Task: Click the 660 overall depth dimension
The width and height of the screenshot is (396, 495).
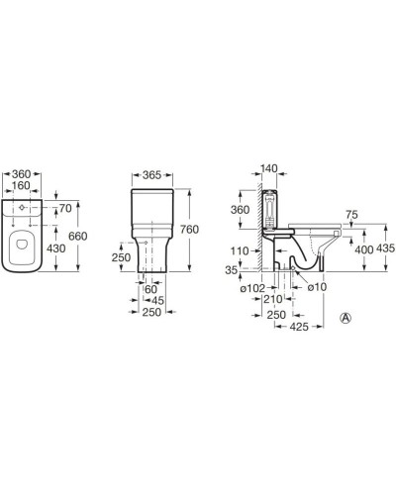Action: point(78,236)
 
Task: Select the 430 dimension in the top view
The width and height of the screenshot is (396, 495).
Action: point(56,248)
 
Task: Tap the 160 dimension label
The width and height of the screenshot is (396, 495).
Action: point(21,185)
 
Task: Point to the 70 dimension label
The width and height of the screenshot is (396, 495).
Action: point(65,208)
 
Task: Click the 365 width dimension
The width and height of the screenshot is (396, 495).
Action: point(151,175)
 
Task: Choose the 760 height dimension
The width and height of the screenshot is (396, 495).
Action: point(189,230)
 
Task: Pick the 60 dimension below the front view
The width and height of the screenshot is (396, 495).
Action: point(151,289)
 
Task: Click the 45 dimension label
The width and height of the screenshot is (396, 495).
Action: point(157,301)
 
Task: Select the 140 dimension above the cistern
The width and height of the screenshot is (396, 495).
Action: point(269,168)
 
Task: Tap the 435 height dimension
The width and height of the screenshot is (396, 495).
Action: point(385,248)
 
